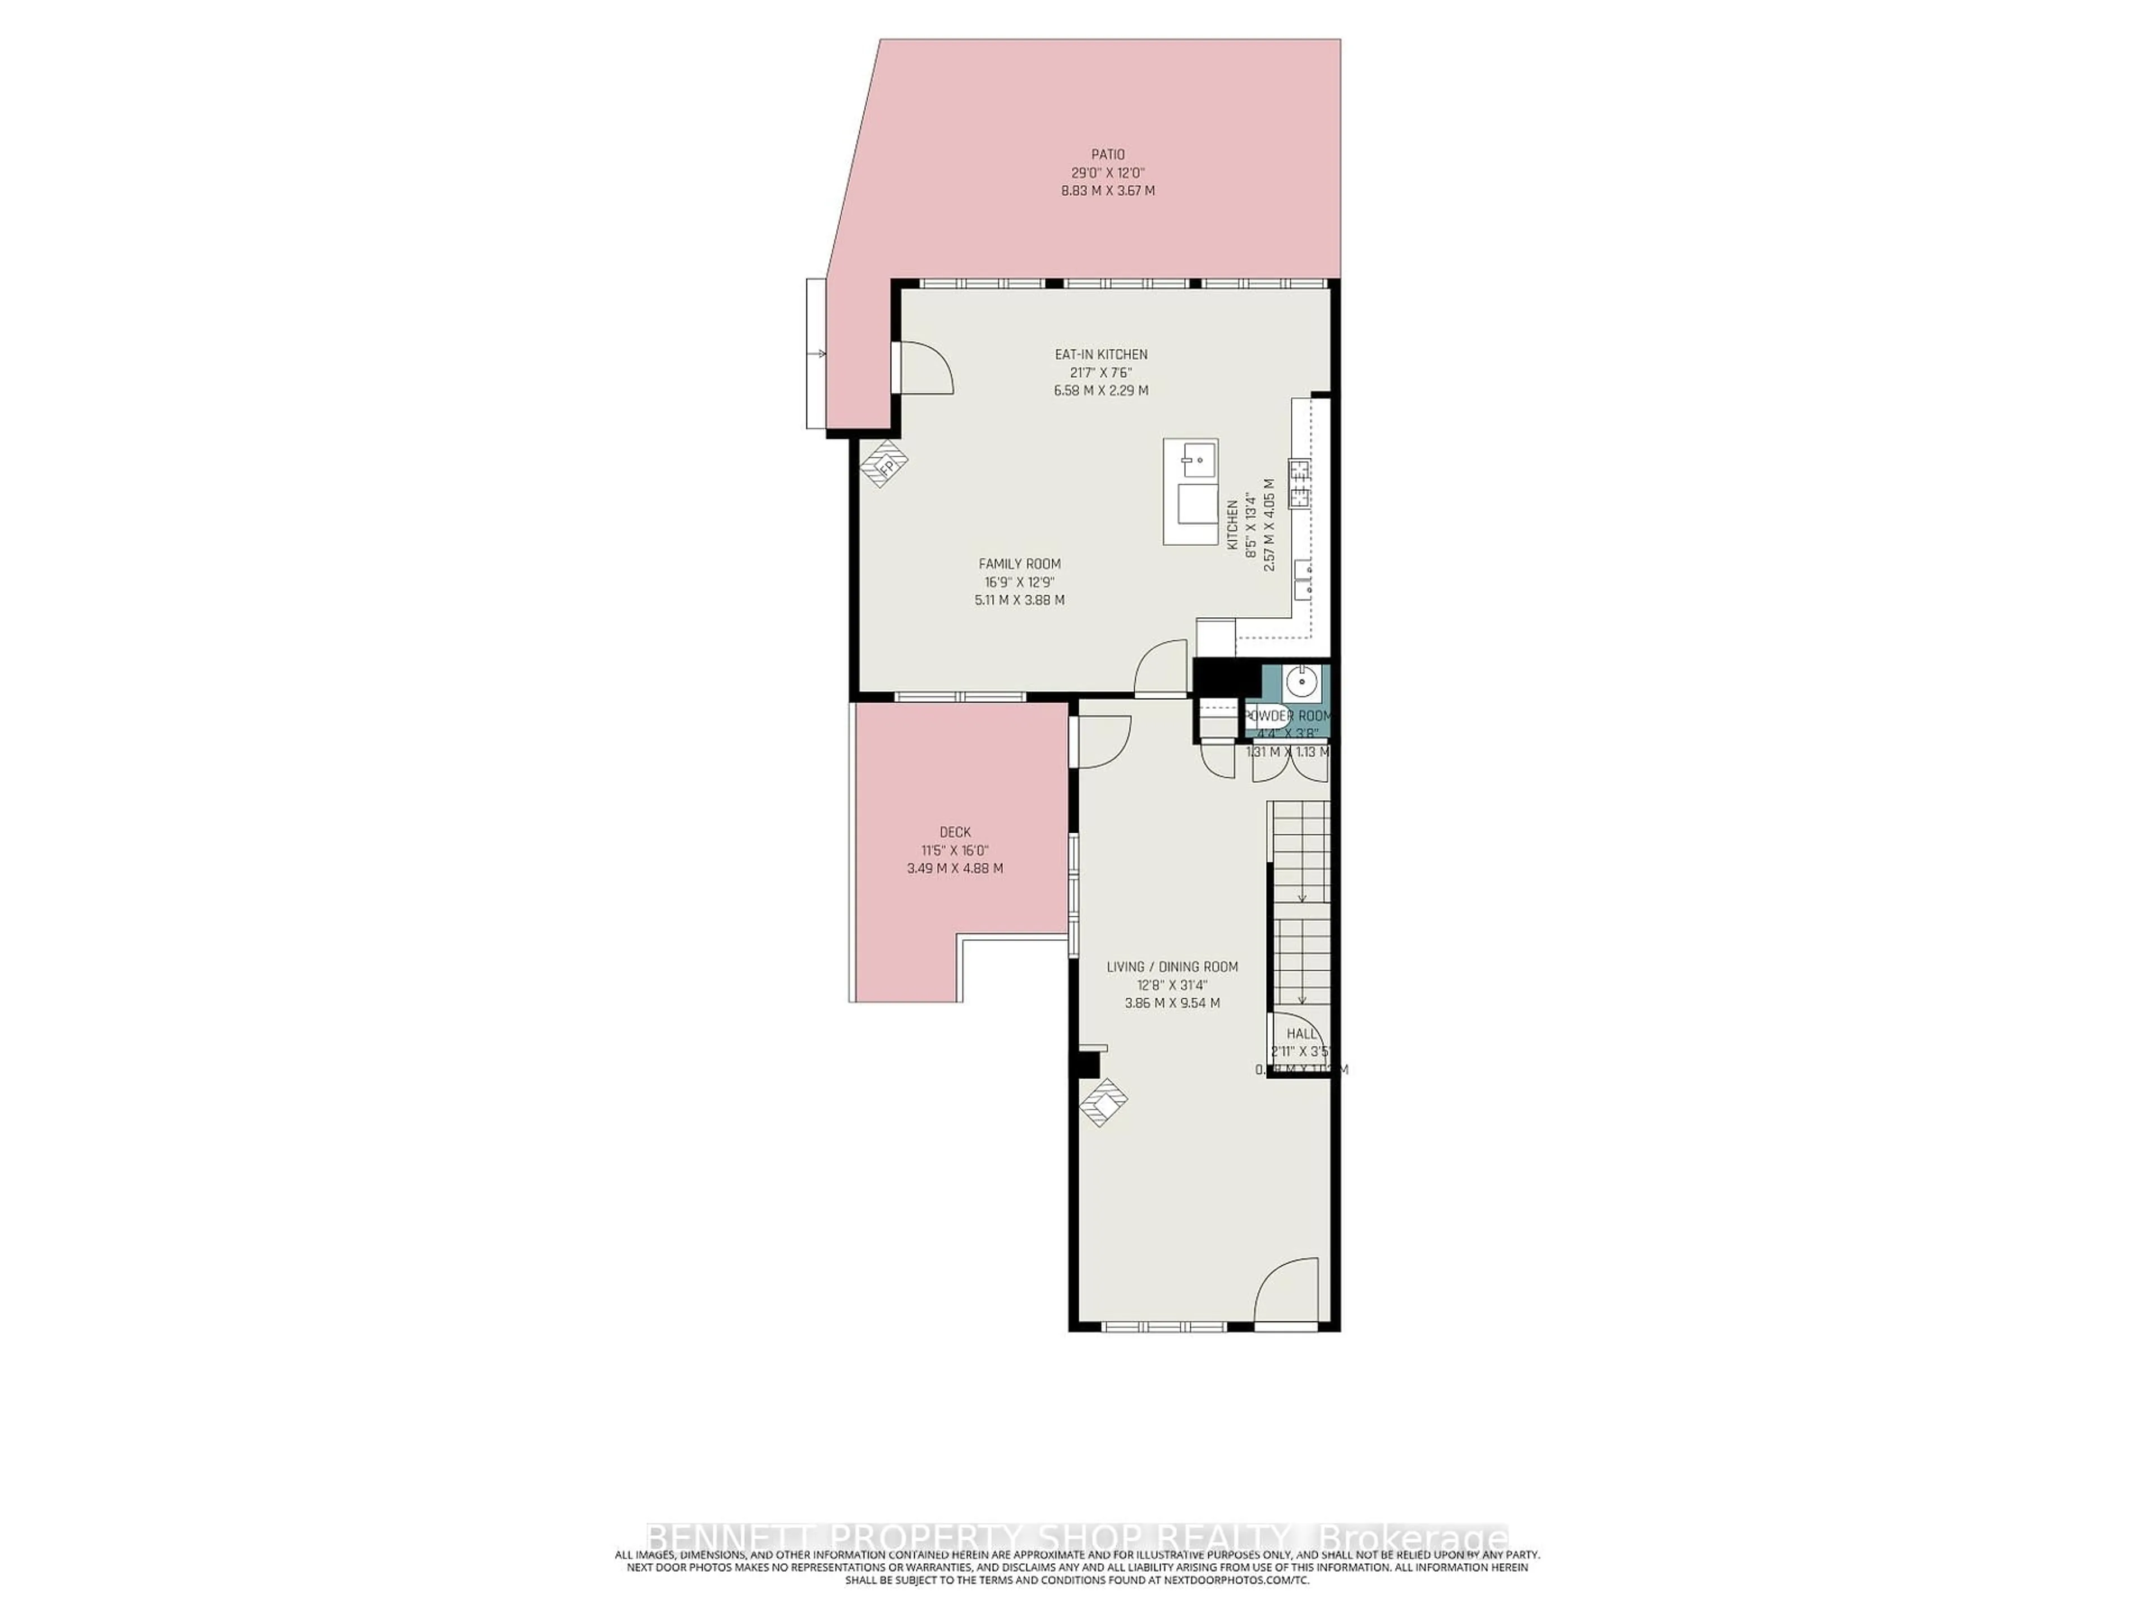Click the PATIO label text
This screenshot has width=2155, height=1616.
pos(1108,154)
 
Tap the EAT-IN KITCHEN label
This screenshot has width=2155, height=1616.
pos(1101,355)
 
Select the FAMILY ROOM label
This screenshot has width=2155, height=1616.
pos(1019,564)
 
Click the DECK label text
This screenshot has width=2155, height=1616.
pos(955,832)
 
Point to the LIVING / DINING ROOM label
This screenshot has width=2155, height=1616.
pos(1172,966)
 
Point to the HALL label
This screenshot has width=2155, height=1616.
pos(1301,1034)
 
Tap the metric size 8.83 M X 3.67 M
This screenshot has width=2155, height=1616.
pos(1108,191)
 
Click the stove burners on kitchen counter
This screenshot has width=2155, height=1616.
pos(1300,484)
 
